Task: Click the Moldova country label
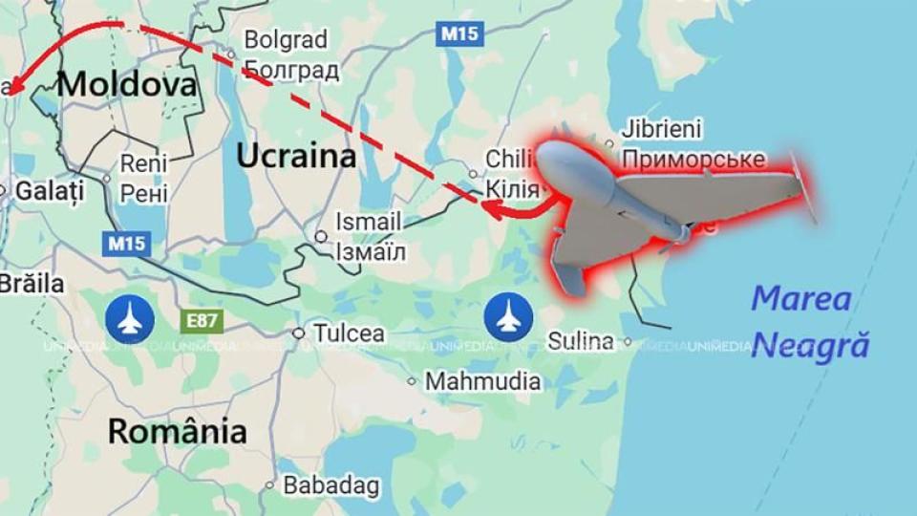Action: [127, 84]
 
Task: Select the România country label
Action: [177, 431]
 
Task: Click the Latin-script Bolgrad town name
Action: [286, 40]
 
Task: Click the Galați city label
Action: [49, 190]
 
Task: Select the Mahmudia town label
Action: [482, 381]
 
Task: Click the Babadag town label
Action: [331, 484]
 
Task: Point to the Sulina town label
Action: [581, 341]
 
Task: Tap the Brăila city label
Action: [32, 284]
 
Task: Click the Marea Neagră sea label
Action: [810, 321]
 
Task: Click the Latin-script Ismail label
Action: [368, 222]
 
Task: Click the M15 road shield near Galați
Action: [126, 243]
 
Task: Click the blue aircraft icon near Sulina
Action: [504, 317]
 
